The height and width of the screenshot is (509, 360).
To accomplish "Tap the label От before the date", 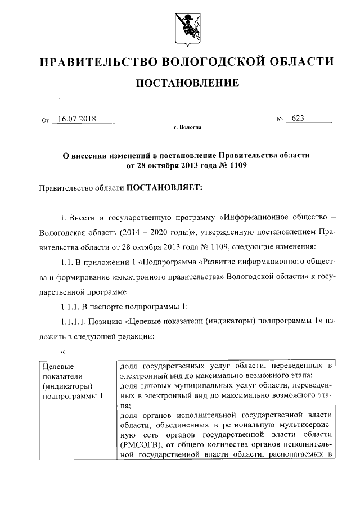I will (x=46, y=120).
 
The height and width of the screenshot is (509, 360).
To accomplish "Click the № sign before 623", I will (x=280, y=120).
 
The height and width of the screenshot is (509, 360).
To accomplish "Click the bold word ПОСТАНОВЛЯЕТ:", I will (x=160, y=188).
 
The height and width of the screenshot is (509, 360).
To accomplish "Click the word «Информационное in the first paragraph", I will (x=263, y=217).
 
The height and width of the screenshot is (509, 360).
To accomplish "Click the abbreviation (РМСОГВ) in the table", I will (x=144, y=444).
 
